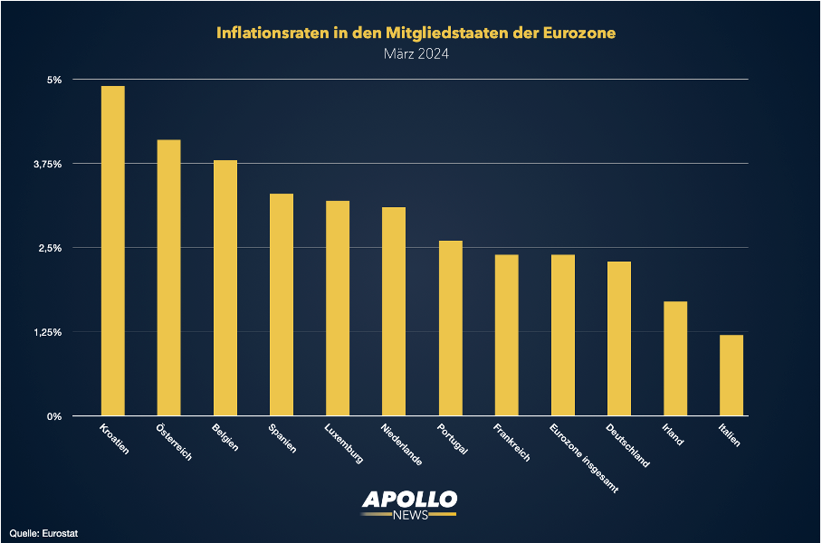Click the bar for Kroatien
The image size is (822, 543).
[112, 251]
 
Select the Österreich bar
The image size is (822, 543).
[168, 278]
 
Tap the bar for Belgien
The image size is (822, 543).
[225, 288]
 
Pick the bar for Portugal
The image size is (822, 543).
[450, 329]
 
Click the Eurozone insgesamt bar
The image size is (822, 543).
[562, 336]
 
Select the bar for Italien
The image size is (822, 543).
[731, 376]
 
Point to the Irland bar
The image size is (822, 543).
[675, 358]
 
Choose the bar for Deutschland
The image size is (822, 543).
[619, 338]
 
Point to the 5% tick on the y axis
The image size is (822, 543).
[54, 80]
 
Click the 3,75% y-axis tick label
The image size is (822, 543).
[47, 164]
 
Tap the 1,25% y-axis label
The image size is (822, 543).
[47, 332]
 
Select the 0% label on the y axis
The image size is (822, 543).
[54, 416]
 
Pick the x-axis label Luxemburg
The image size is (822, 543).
[343, 443]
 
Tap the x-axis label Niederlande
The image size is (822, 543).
[400, 444]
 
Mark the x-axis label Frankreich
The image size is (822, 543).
[511, 443]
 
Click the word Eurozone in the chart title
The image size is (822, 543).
[574, 33]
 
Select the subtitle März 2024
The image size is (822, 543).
[416, 54]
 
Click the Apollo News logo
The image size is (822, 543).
[409, 504]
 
